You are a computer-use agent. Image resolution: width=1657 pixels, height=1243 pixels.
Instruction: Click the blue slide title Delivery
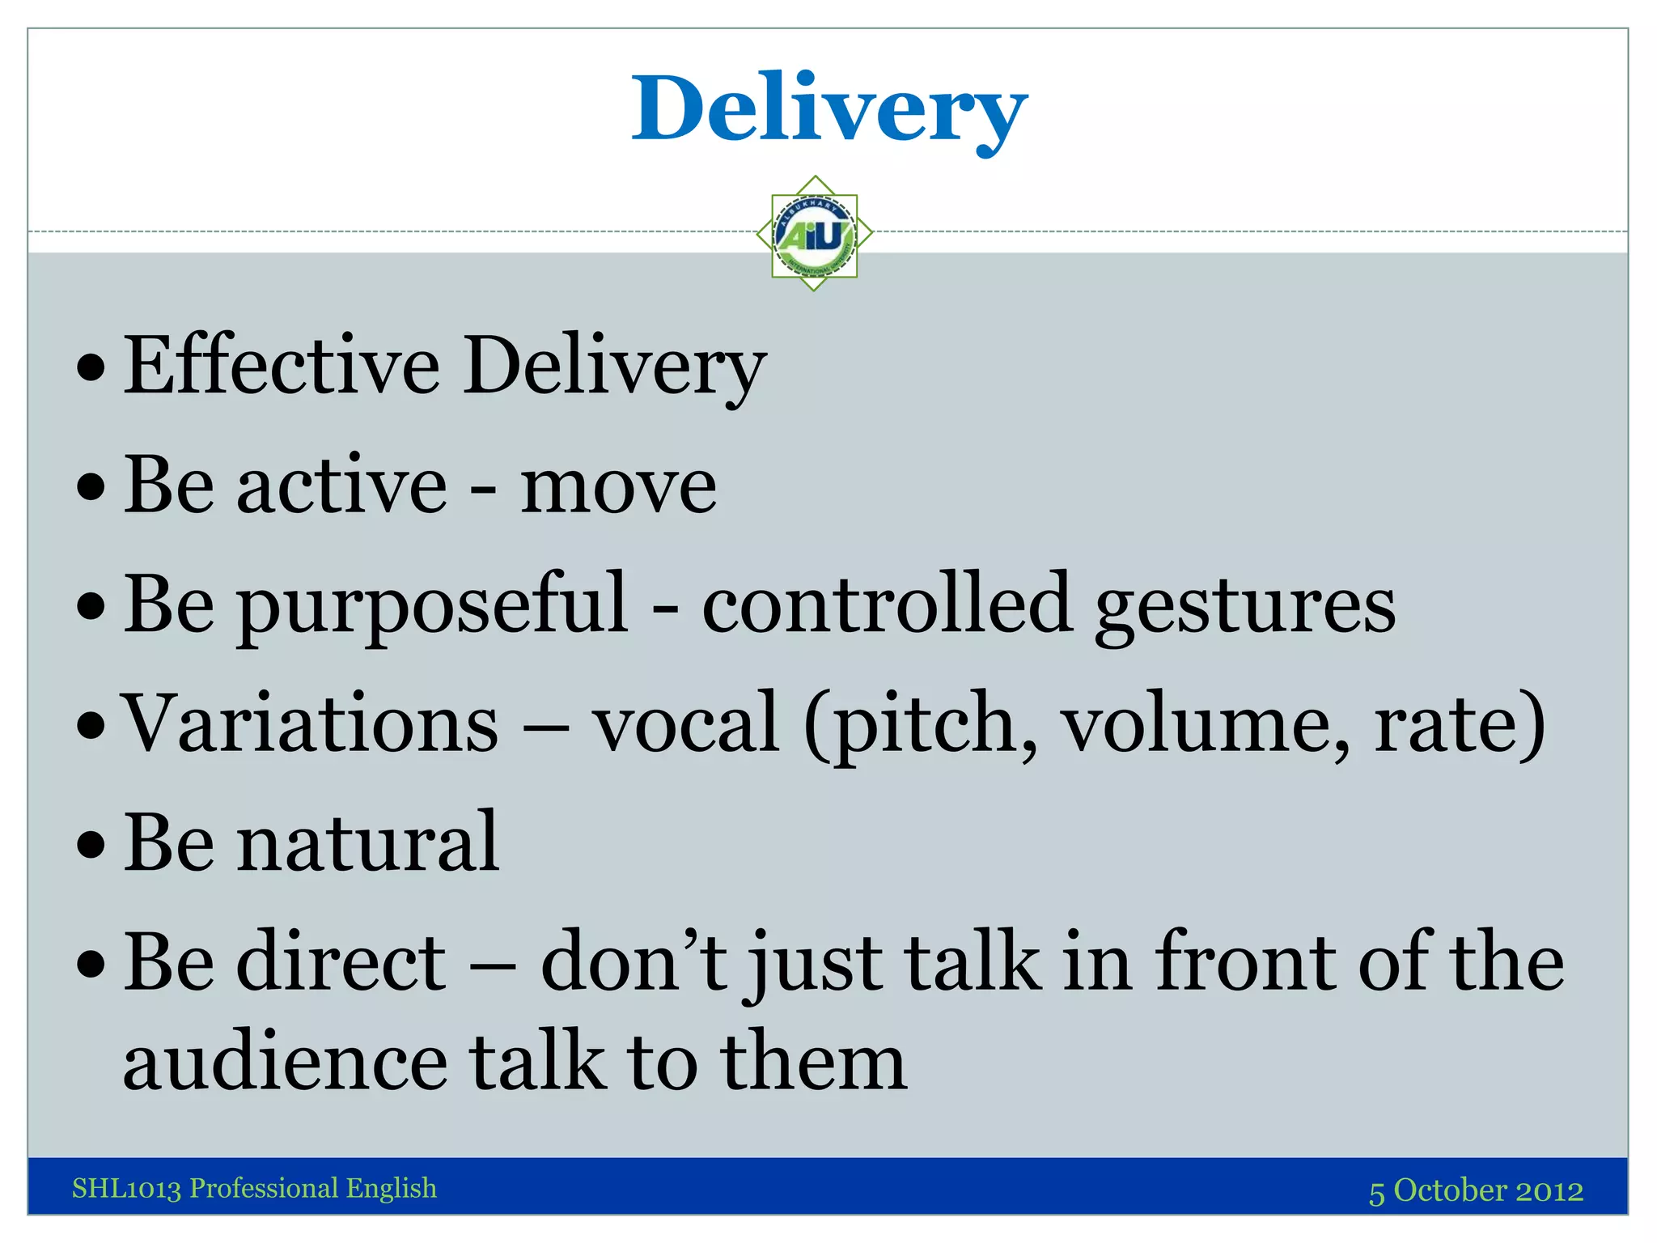pyautogui.click(x=828, y=109)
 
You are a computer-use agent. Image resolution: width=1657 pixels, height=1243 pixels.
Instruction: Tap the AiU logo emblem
pyautogui.click(x=815, y=234)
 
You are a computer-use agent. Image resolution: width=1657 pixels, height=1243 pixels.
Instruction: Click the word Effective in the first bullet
pyautogui.click(x=282, y=366)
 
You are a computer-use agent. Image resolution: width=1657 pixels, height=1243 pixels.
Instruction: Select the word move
pyautogui.click(x=618, y=486)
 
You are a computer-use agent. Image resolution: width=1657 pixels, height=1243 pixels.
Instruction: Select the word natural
pyautogui.click(x=367, y=843)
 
